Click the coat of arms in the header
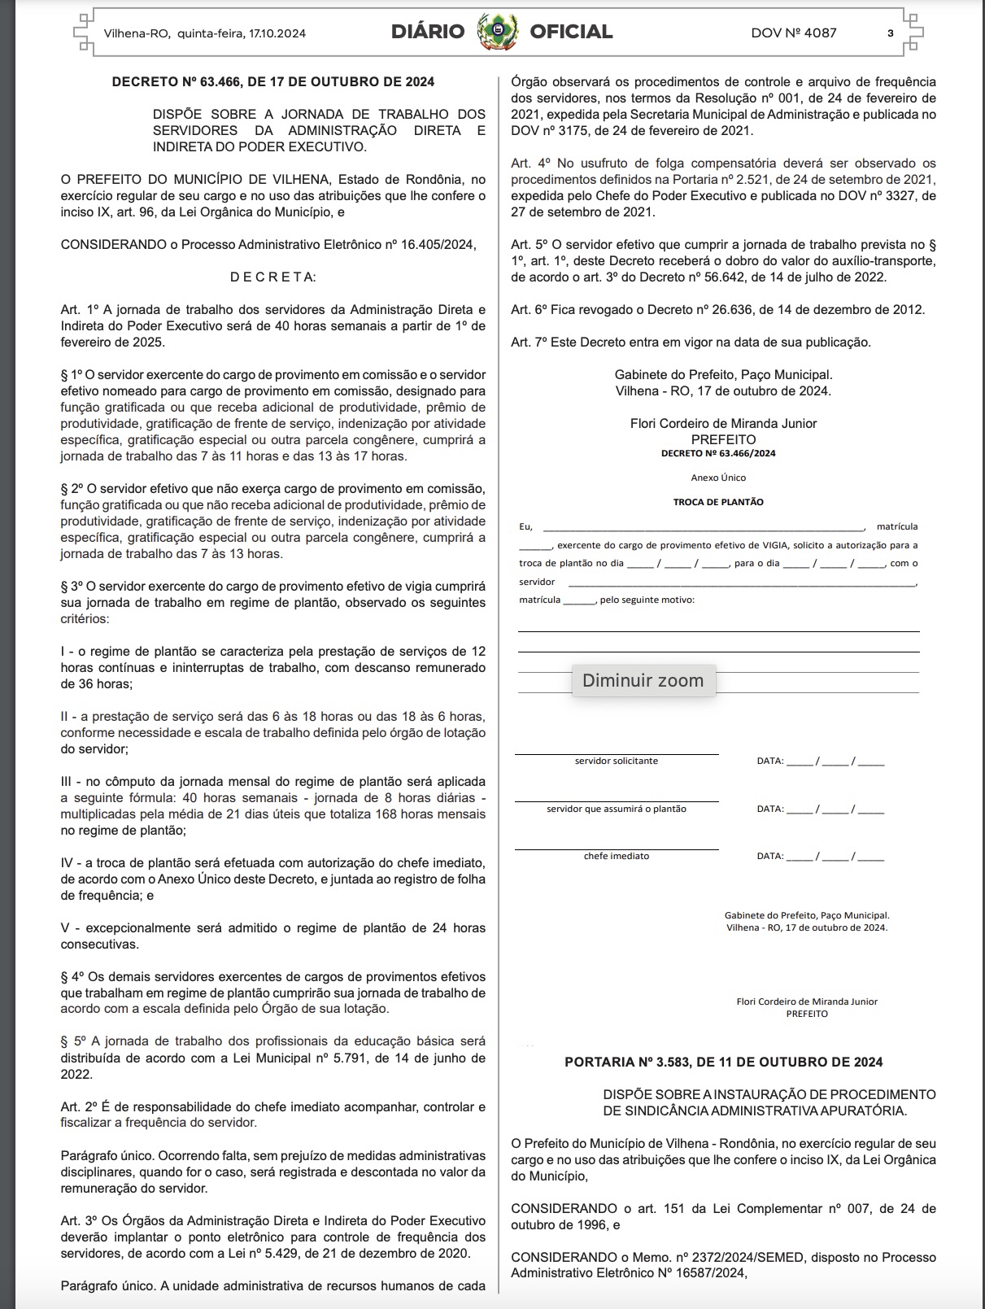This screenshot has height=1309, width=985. [x=498, y=33]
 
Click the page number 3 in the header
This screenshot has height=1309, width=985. [x=891, y=33]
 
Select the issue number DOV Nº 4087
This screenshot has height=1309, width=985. [x=793, y=33]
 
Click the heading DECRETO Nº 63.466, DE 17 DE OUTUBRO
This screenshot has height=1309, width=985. [x=273, y=81]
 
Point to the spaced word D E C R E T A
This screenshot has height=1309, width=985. [x=273, y=277]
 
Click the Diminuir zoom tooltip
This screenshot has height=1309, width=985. [x=643, y=681]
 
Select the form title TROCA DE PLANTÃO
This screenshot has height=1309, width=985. [x=718, y=502]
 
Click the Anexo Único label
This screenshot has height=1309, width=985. [x=718, y=478]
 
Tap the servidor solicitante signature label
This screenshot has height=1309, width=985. [x=617, y=761]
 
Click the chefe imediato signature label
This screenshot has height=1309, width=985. [x=617, y=857]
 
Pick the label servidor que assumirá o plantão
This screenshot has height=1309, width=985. [x=617, y=809]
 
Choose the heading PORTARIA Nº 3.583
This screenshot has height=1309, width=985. [x=723, y=1062]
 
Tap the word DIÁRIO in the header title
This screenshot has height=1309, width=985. [x=428, y=33]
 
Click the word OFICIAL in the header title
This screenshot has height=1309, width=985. [x=571, y=33]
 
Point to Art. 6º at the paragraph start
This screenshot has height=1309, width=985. [x=529, y=310]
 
